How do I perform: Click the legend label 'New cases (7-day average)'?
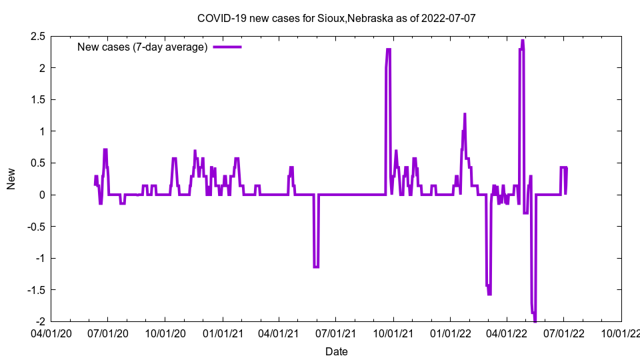click(143, 47)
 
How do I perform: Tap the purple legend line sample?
click(227, 47)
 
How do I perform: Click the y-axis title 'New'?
click(11, 179)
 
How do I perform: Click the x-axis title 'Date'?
click(336, 351)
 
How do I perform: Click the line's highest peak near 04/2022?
click(523, 41)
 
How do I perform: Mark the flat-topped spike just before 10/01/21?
click(388, 49)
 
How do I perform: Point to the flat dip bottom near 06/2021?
click(316, 267)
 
